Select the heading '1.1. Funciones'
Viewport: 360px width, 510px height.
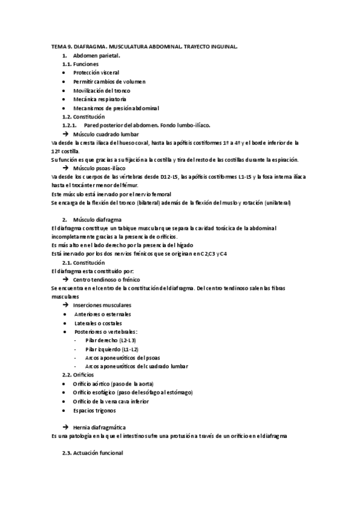(x=81, y=64)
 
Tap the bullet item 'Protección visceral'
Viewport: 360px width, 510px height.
(x=96, y=72)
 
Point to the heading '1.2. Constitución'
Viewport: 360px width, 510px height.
(x=84, y=116)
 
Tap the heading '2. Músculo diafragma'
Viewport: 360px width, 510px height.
(x=92, y=220)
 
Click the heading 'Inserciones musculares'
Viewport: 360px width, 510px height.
(x=105, y=306)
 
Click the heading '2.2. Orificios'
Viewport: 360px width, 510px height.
(x=78, y=375)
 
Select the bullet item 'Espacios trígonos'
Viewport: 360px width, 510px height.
(x=95, y=410)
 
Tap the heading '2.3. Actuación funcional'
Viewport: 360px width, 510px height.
(x=93, y=453)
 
